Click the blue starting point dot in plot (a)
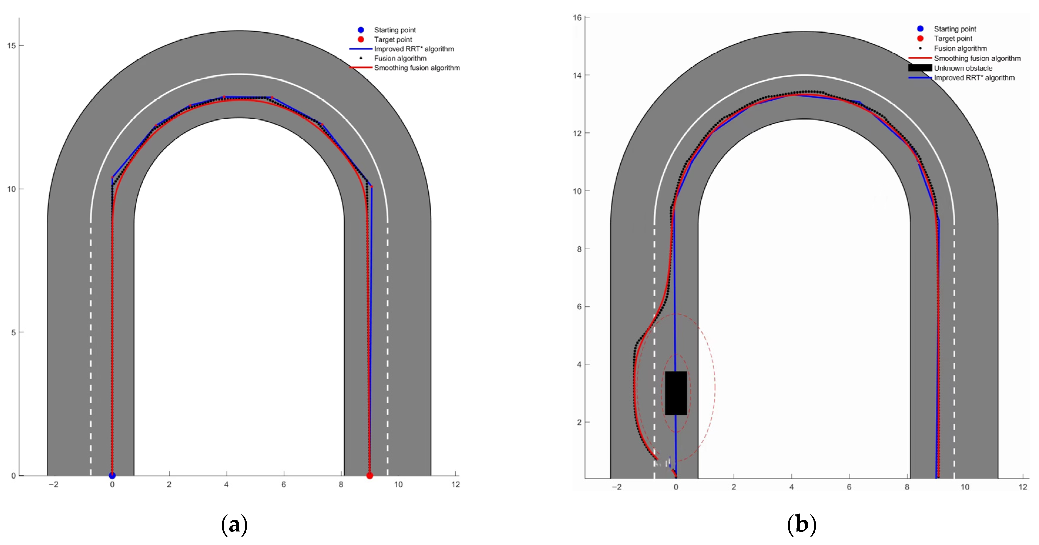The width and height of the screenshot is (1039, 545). [112, 476]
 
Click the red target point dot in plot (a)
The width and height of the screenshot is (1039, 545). [369, 476]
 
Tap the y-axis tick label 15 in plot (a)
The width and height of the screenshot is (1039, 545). [11, 46]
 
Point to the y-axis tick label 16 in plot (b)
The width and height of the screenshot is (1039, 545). [577, 17]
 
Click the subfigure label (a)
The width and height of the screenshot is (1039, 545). [234, 524]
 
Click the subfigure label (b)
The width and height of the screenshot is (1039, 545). [801, 524]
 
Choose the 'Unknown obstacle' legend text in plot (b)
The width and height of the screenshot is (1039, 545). [963, 68]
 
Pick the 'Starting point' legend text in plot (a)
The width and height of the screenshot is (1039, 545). [395, 30]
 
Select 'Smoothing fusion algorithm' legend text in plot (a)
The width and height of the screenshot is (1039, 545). [417, 68]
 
